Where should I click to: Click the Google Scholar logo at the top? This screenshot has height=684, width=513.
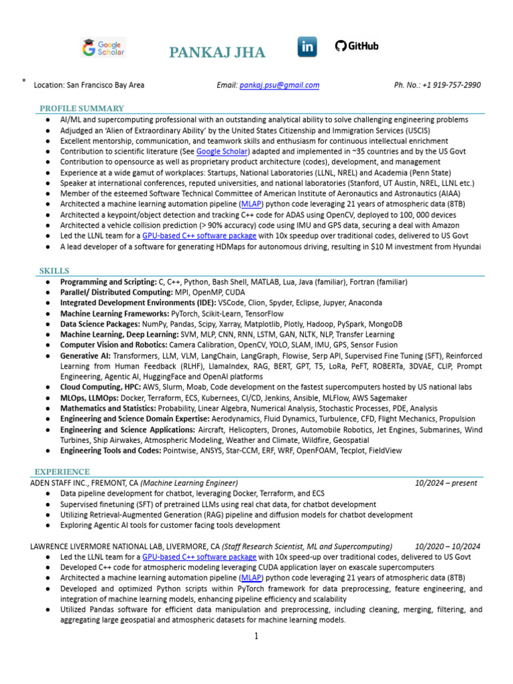[103, 47]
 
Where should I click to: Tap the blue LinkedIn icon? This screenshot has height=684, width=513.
[307, 47]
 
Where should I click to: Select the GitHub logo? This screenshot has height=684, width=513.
[357, 46]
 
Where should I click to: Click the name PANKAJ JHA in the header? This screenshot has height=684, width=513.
[216, 53]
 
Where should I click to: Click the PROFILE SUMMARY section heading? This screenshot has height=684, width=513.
[81, 108]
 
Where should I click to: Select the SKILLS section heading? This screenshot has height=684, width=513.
[55, 271]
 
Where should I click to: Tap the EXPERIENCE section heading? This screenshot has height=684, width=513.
[62, 472]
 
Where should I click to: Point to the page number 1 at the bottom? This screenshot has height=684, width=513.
[256, 636]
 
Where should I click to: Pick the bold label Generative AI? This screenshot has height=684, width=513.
[85, 357]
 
